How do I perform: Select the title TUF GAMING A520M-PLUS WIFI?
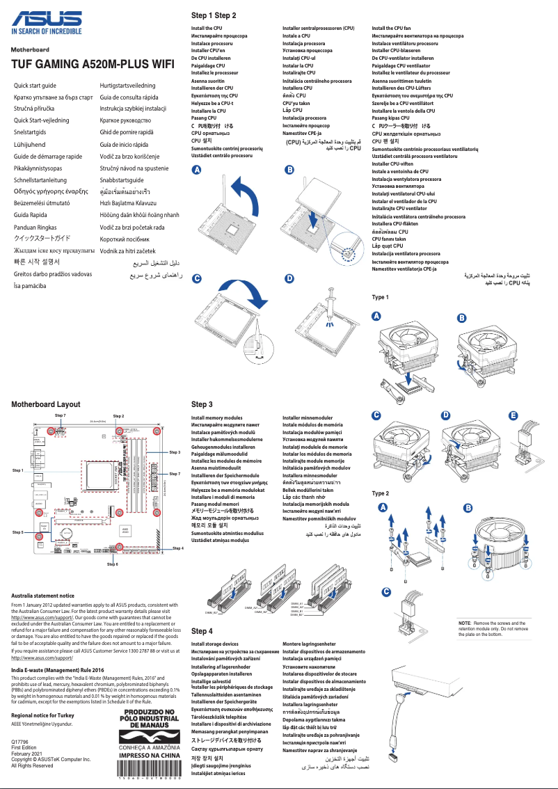coord(92,63)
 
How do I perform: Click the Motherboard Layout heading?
coord(45,404)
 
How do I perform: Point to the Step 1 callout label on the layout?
coord(19,470)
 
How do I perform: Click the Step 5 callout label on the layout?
coord(19,532)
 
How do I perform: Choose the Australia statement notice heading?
coord(43,596)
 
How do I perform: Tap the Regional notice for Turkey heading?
coord(47,715)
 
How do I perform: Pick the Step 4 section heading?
coord(202,630)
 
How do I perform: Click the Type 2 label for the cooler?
coord(380,493)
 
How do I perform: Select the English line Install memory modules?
coord(217,417)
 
